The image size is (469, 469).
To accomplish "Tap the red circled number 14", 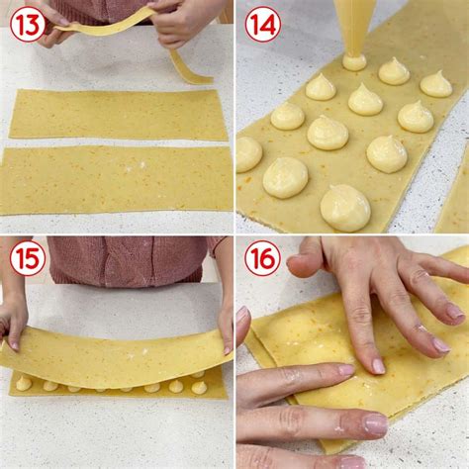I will pyautogui.click(x=262, y=24).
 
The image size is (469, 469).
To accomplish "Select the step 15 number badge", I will pyautogui.click(x=27, y=259).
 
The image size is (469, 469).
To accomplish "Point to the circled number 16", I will pyautogui.click(x=262, y=259).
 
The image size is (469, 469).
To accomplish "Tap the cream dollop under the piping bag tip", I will pyautogui.click(x=354, y=61).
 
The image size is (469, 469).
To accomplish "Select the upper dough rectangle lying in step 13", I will pyautogui.click(x=119, y=115).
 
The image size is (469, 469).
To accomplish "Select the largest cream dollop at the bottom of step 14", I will pyautogui.click(x=345, y=208).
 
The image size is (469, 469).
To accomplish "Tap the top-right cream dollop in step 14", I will pyautogui.click(x=435, y=84).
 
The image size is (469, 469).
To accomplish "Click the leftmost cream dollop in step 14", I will pyautogui.click(x=247, y=153).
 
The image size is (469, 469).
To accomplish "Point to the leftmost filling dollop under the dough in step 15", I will pyautogui.click(x=23, y=382).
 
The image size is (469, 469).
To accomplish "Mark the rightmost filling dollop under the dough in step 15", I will pyautogui.click(x=199, y=387).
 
